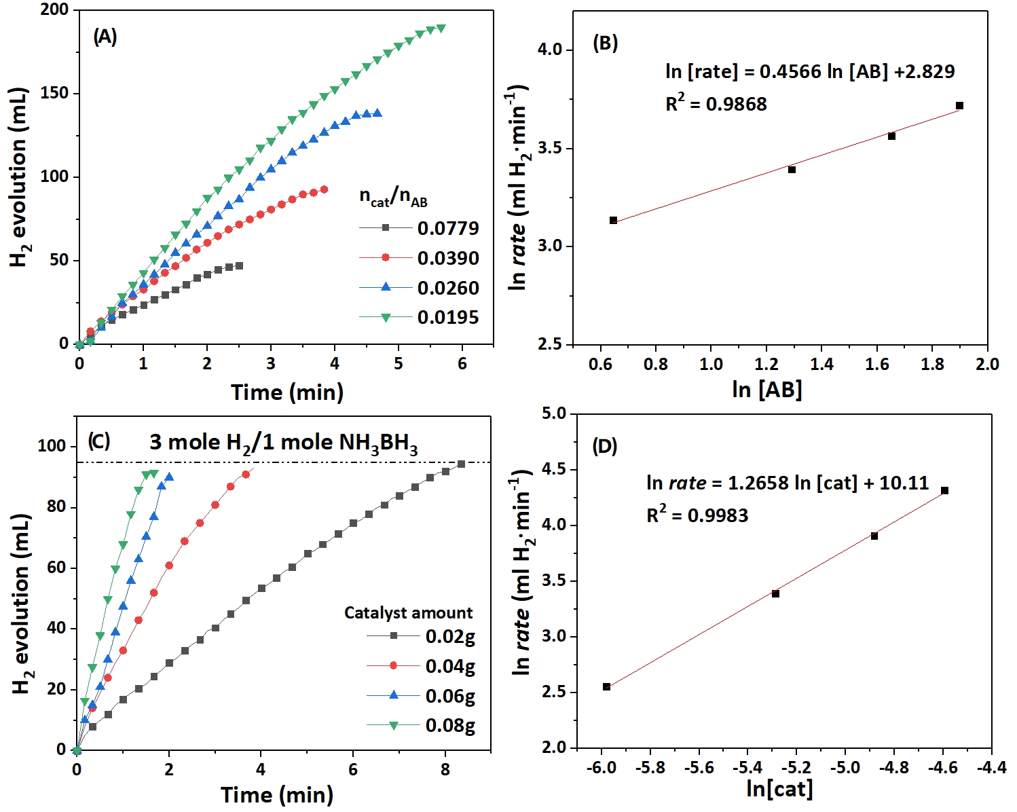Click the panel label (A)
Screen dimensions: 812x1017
pyautogui.click(x=105, y=37)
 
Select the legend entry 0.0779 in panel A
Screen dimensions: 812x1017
pyautogui.click(x=447, y=228)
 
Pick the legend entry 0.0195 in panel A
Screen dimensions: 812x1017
pyautogui.click(x=447, y=317)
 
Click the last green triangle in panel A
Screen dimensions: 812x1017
pyautogui.click(x=441, y=29)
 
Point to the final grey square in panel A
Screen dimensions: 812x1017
pyautogui.click(x=239, y=265)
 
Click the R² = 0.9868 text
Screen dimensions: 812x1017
pyautogui.click(x=716, y=104)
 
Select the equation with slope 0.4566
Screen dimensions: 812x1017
pyautogui.click(x=810, y=71)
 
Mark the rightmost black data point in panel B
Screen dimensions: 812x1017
pyautogui.click(x=959, y=106)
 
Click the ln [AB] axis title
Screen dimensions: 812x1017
pyautogui.click(x=767, y=389)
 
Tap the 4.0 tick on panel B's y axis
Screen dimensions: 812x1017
pyautogui.click(x=551, y=50)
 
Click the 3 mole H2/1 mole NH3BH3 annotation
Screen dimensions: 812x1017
pyautogui.click(x=283, y=443)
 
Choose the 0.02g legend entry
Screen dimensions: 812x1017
pyautogui.click(x=449, y=636)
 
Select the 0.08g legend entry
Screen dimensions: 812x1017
pyautogui.click(x=449, y=725)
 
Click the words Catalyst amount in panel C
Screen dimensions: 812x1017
pyautogui.click(x=408, y=612)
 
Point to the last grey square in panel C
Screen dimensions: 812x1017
pyautogui.click(x=461, y=464)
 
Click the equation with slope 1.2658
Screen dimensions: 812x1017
pyautogui.click(x=788, y=483)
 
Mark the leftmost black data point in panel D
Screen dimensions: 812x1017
pyautogui.click(x=606, y=686)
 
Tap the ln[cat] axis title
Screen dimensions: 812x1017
pyautogui.click(x=779, y=788)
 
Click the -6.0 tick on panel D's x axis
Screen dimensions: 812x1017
pyautogui.click(x=601, y=767)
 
